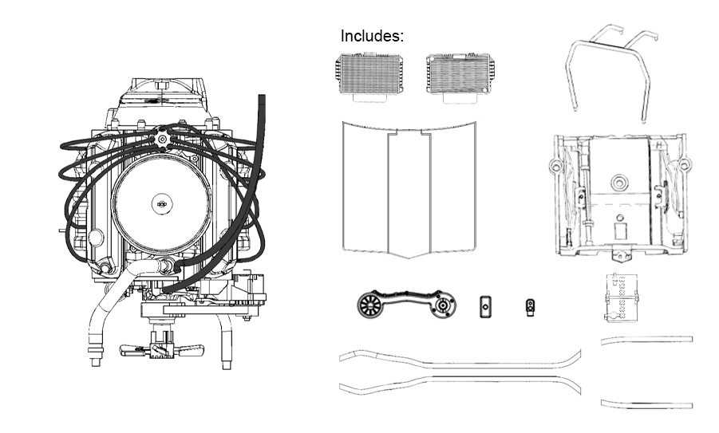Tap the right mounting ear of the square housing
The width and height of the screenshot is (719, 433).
684,165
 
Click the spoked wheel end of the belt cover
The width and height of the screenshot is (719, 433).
372,305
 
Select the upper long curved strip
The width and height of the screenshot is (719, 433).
459,358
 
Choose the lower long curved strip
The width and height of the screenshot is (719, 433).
459,385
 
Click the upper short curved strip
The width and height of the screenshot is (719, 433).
646,340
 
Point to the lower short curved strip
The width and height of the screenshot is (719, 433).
646,403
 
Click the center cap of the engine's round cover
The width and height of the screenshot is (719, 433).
161,204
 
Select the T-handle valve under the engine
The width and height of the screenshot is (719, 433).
160,350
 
